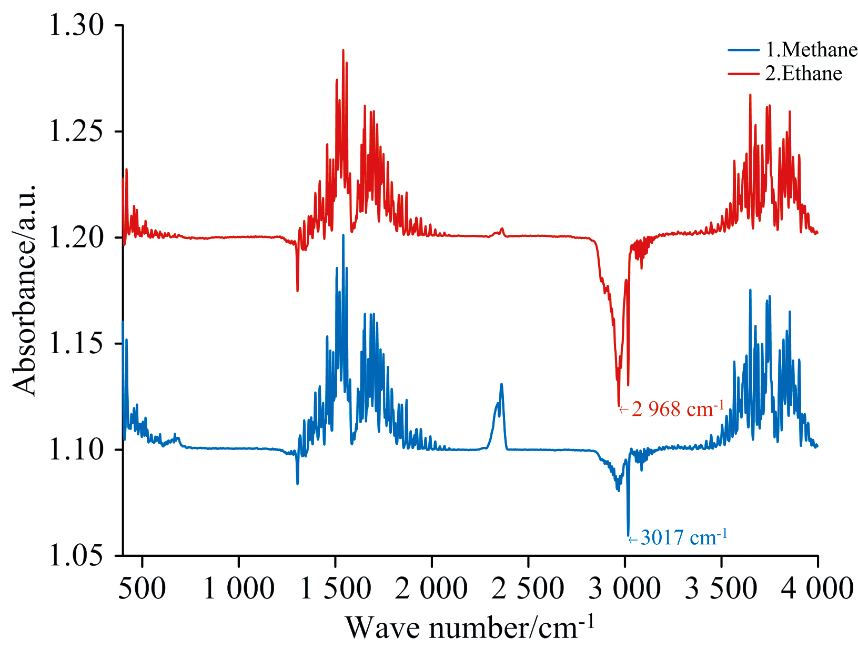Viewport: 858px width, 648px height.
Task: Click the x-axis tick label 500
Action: pyautogui.click(x=142, y=588)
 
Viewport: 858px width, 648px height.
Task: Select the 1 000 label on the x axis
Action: pyautogui.click(x=238, y=588)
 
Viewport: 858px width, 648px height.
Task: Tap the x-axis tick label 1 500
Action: pyautogui.click(x=335, y=588)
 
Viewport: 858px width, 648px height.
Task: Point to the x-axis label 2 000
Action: pyautogui.click(x=431, y=588)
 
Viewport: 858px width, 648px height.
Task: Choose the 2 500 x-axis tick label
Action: pyautogui.click(x=528, y=588)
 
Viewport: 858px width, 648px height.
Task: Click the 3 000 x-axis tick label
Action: pyautogui.click(x=624, y=588)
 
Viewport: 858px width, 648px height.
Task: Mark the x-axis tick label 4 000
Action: pyautogui.click(x=817, y=588)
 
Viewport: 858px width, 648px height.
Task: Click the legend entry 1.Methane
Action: pyautogui.click(x=811, y=50)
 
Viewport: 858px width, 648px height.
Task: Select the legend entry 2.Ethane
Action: pyautogui.click(x=803, y=74)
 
